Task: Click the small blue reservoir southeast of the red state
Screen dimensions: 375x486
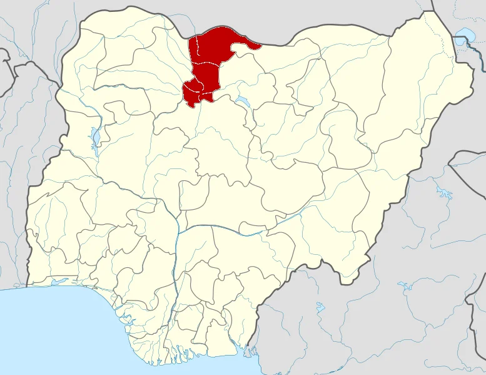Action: tap(241, 100)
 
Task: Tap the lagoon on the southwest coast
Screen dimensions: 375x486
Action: tap(59, 283)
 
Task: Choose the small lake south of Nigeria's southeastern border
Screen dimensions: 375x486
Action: tap(320, 307)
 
